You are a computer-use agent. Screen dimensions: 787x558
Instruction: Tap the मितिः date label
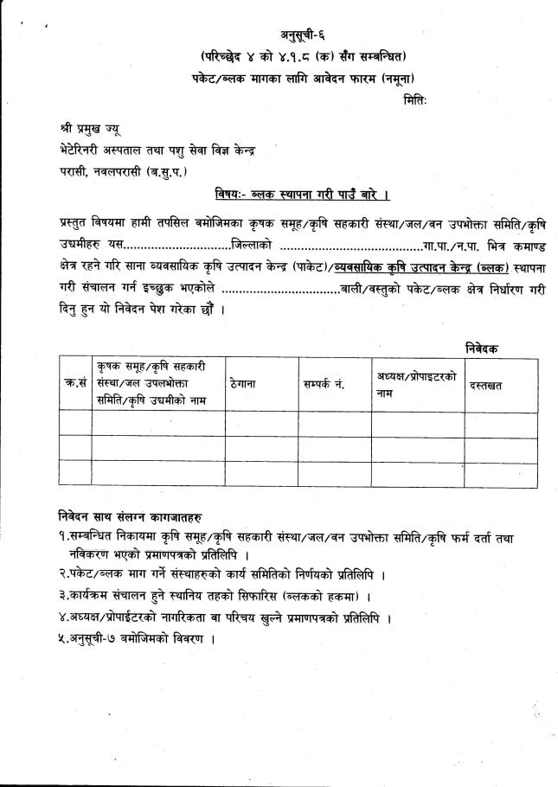pos(416,101)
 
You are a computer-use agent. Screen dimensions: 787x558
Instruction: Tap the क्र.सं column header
pos(75,383)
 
